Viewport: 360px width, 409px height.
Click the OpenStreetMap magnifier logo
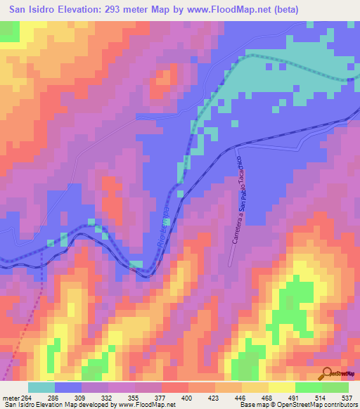tap(327, 373)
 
